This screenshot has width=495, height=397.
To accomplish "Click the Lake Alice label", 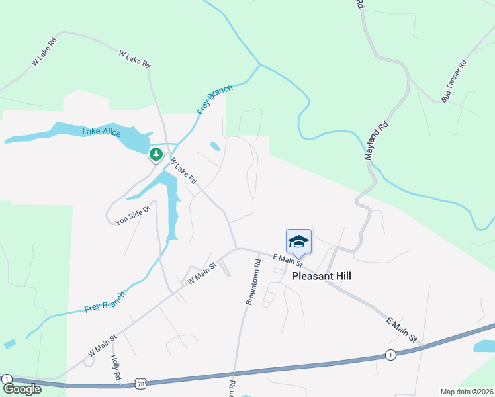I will [x=101, y=132].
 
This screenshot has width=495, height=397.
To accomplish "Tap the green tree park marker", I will [x=156, y=155].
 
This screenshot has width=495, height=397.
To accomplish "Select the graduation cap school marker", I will [x=298, y=242].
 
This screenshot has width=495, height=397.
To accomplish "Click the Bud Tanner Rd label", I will [x=455, y=81].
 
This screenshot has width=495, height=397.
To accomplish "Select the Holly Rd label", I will [x=116, y=367].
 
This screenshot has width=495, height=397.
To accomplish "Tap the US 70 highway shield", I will [x=140, y=383].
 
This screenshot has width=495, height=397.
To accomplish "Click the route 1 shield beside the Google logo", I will [x=7, y=379].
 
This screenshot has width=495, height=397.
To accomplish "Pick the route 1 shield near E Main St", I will [x=390, y=355].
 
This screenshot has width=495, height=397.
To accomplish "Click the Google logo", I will [x=21, y=389].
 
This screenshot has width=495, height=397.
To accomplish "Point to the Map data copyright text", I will [x=467, y=392].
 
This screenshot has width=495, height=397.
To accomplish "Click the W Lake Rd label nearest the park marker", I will [x=183, y=171].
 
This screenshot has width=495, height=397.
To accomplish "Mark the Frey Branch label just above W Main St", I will [x=105, y=302].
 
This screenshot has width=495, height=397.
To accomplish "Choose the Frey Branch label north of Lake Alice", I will [x=216, y=99].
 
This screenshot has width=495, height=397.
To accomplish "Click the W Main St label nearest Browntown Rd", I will [x=202, y=273].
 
